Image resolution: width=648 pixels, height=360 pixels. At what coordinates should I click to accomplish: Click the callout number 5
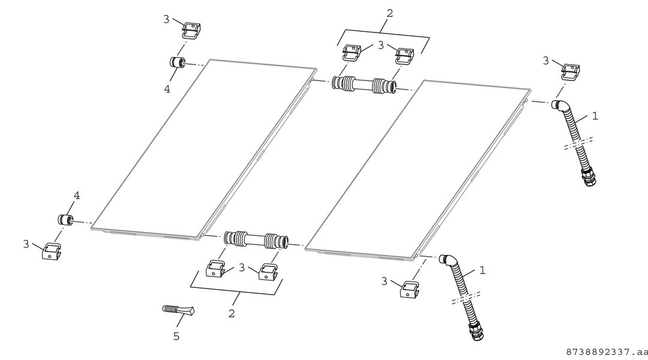tap(176, 337)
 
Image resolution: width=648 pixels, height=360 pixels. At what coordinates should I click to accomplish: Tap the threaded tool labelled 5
tap(178, 310)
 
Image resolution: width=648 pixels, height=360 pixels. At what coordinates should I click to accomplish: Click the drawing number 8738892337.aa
tap(606, 352)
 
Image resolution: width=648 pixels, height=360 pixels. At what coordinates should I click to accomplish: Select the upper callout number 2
tap(389, 13)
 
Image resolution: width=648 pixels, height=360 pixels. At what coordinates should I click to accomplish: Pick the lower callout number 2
tap(232, 313)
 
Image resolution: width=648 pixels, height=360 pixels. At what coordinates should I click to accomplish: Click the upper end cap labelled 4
tap(177, 62)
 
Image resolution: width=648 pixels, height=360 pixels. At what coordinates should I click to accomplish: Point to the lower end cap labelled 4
tap(65, 220)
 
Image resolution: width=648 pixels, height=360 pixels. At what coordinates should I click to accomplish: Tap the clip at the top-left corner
tap(192, 30)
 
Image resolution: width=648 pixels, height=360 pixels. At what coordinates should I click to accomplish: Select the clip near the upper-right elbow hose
tap(571, 71)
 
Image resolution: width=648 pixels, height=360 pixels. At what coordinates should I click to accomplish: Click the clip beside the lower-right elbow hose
tap(410, 289)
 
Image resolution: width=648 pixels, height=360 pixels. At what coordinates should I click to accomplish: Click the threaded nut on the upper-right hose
tap(589, 176)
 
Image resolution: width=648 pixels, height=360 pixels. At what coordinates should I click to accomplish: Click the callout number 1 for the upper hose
tap(595, 116)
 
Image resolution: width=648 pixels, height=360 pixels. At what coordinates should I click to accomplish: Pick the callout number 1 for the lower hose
tap(482, 271)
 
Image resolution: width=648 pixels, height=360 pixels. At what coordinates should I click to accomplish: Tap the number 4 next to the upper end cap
tap(167, 89)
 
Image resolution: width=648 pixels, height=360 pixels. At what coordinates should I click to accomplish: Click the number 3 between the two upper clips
tap(380, 45)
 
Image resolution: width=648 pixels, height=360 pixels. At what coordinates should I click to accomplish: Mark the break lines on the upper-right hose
tap(578, 143)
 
